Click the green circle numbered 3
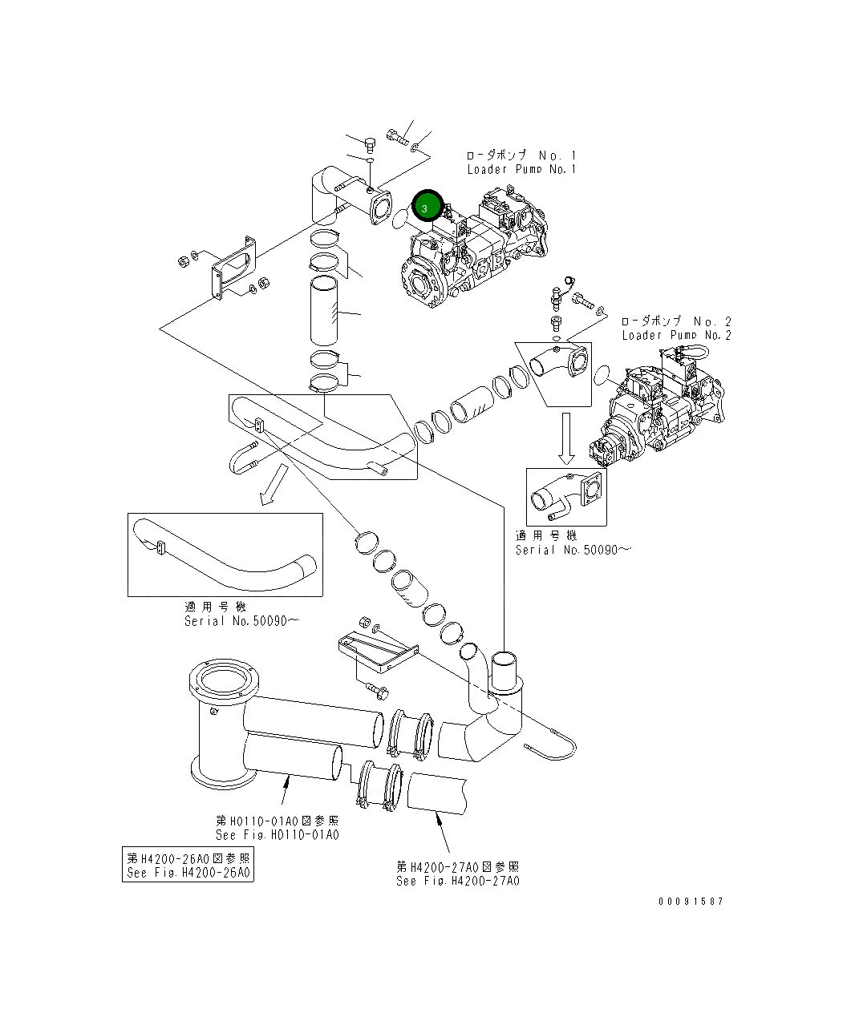(427, 207)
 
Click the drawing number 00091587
(691, 902)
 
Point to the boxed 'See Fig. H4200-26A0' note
(188, 866)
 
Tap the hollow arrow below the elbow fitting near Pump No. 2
(566, 438)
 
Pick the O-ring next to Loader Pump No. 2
(602, 374)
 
